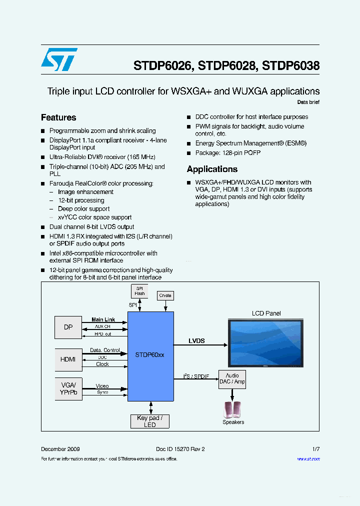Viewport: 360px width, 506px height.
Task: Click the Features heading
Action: tap(58, 117)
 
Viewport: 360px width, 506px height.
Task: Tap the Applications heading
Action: tap(212, 169)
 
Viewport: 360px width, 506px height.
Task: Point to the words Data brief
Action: tap(308, 102)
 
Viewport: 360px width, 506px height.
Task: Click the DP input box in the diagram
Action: tap(68, 327)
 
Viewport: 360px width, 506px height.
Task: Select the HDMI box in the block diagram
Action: tap(68, 359)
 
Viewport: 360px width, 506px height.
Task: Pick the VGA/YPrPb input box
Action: tap(68, 388)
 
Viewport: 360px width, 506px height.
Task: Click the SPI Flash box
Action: tap(139, 291)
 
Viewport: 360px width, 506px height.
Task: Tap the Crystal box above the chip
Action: tap(165, 295)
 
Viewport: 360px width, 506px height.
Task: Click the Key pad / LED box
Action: tap(150, 421)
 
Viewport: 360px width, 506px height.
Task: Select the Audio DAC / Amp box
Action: tap(232, 378)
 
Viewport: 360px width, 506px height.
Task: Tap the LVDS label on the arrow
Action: tap(196, 341)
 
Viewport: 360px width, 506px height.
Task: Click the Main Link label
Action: tap(103, 319)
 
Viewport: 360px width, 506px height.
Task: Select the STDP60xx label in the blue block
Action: tap(150, 354)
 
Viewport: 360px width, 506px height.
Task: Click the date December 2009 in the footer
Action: tap(60, 449)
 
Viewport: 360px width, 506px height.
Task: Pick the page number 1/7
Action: tap(315, 449)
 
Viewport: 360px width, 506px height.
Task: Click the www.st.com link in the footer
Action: tap(308, 459)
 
